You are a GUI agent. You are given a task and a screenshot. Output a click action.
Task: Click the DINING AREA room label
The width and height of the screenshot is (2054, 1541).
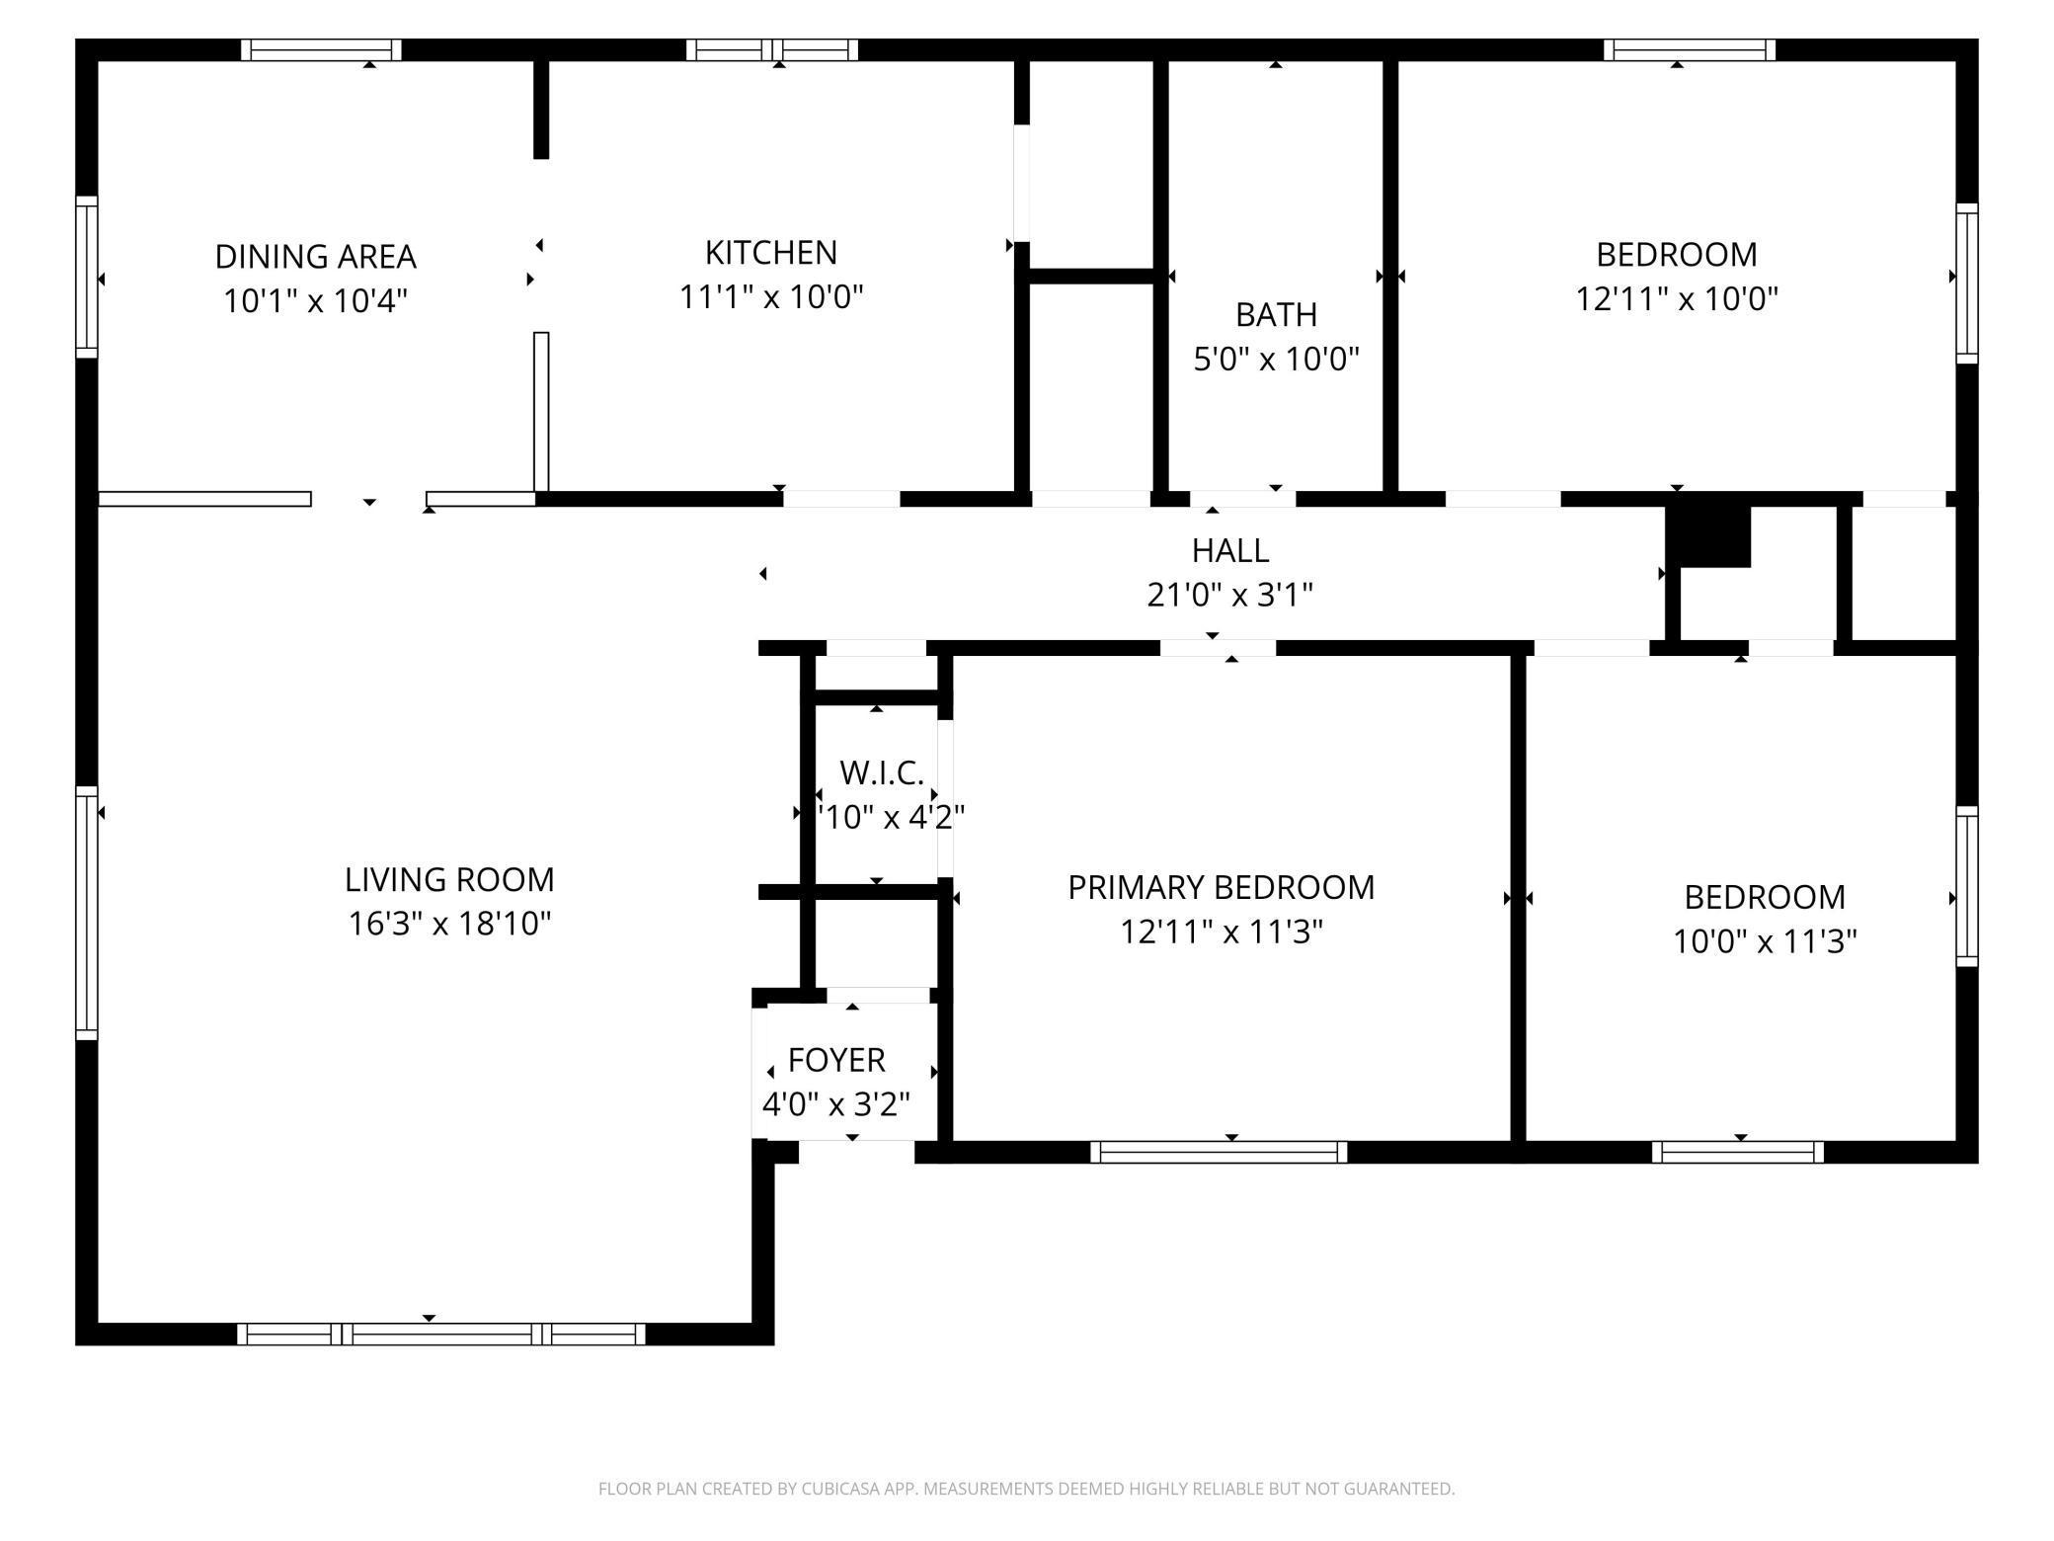(x=316, y=257)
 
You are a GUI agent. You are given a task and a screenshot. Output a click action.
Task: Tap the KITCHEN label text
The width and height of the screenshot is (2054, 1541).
(x=771, y=253)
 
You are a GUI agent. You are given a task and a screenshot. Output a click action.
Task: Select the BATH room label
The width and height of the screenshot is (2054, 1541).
(x=1276, y=315)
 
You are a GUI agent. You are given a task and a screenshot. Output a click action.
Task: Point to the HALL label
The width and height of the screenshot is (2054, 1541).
(x=1230, y=550)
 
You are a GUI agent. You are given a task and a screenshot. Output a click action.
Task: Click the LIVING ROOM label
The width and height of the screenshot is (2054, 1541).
(x=449, y=879)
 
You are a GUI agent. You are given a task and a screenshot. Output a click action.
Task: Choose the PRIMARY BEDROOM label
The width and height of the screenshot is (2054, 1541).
(x=1222, y=887)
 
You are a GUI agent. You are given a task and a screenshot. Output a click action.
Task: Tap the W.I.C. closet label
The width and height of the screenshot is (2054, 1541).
(x=882, y=772)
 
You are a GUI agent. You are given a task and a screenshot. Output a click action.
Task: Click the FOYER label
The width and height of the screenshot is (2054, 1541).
(x=836, y=1060)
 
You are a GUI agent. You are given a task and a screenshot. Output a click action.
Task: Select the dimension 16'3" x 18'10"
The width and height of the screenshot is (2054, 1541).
(x=449, y=924)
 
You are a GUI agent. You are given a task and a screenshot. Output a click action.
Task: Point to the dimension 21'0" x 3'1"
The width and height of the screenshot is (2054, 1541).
(x=1230, y=595)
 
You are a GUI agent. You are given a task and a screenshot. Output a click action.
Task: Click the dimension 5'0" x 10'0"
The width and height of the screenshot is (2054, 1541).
(x=1276, y=360)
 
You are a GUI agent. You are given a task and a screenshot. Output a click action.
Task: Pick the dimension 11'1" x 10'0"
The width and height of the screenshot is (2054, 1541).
(x=771, y=296)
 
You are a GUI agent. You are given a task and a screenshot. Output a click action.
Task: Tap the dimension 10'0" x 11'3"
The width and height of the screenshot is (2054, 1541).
(x=1765, y=941)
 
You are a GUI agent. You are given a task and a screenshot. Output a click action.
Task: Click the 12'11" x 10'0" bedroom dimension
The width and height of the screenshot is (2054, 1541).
(x=1677, y=298)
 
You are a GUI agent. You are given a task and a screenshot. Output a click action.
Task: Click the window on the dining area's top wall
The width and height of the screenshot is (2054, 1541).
(x=321, y=49)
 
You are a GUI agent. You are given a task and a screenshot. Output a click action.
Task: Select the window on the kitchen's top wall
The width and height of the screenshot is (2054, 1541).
(x=772, y=49)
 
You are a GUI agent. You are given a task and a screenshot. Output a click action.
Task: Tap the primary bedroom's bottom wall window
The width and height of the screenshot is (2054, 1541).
(x=1219, y=1152)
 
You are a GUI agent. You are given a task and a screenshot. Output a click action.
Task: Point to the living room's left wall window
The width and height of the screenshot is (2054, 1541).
(x=87, y=913)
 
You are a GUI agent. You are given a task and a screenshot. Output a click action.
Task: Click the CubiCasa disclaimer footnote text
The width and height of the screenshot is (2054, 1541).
(x=1027, y=1488)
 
